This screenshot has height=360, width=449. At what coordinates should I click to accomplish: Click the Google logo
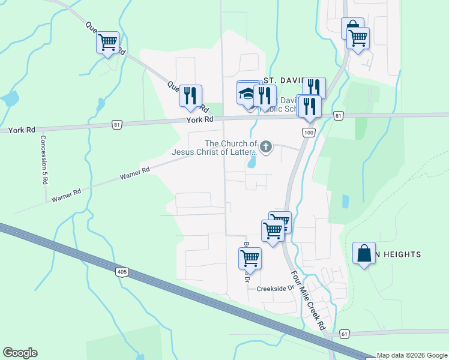pos(20,353)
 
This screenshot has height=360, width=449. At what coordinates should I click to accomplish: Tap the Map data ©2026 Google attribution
pos(412,355)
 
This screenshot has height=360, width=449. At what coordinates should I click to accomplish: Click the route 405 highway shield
pos(122,272)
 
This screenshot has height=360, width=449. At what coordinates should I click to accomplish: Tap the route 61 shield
pos(343,334)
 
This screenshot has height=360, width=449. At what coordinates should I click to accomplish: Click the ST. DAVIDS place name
pos(286,80)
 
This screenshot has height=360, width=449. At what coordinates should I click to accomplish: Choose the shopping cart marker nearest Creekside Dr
pos(250,259)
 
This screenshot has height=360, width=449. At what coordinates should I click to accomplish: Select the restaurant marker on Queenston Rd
pos(190,96)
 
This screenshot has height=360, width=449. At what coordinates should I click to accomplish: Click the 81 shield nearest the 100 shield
pos(339,115)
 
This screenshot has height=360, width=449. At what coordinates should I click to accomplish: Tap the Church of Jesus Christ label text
pos(231,148)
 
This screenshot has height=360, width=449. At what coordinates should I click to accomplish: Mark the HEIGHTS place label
pos(399,255)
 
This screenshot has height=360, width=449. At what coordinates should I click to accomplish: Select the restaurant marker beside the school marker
pos(265,96)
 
